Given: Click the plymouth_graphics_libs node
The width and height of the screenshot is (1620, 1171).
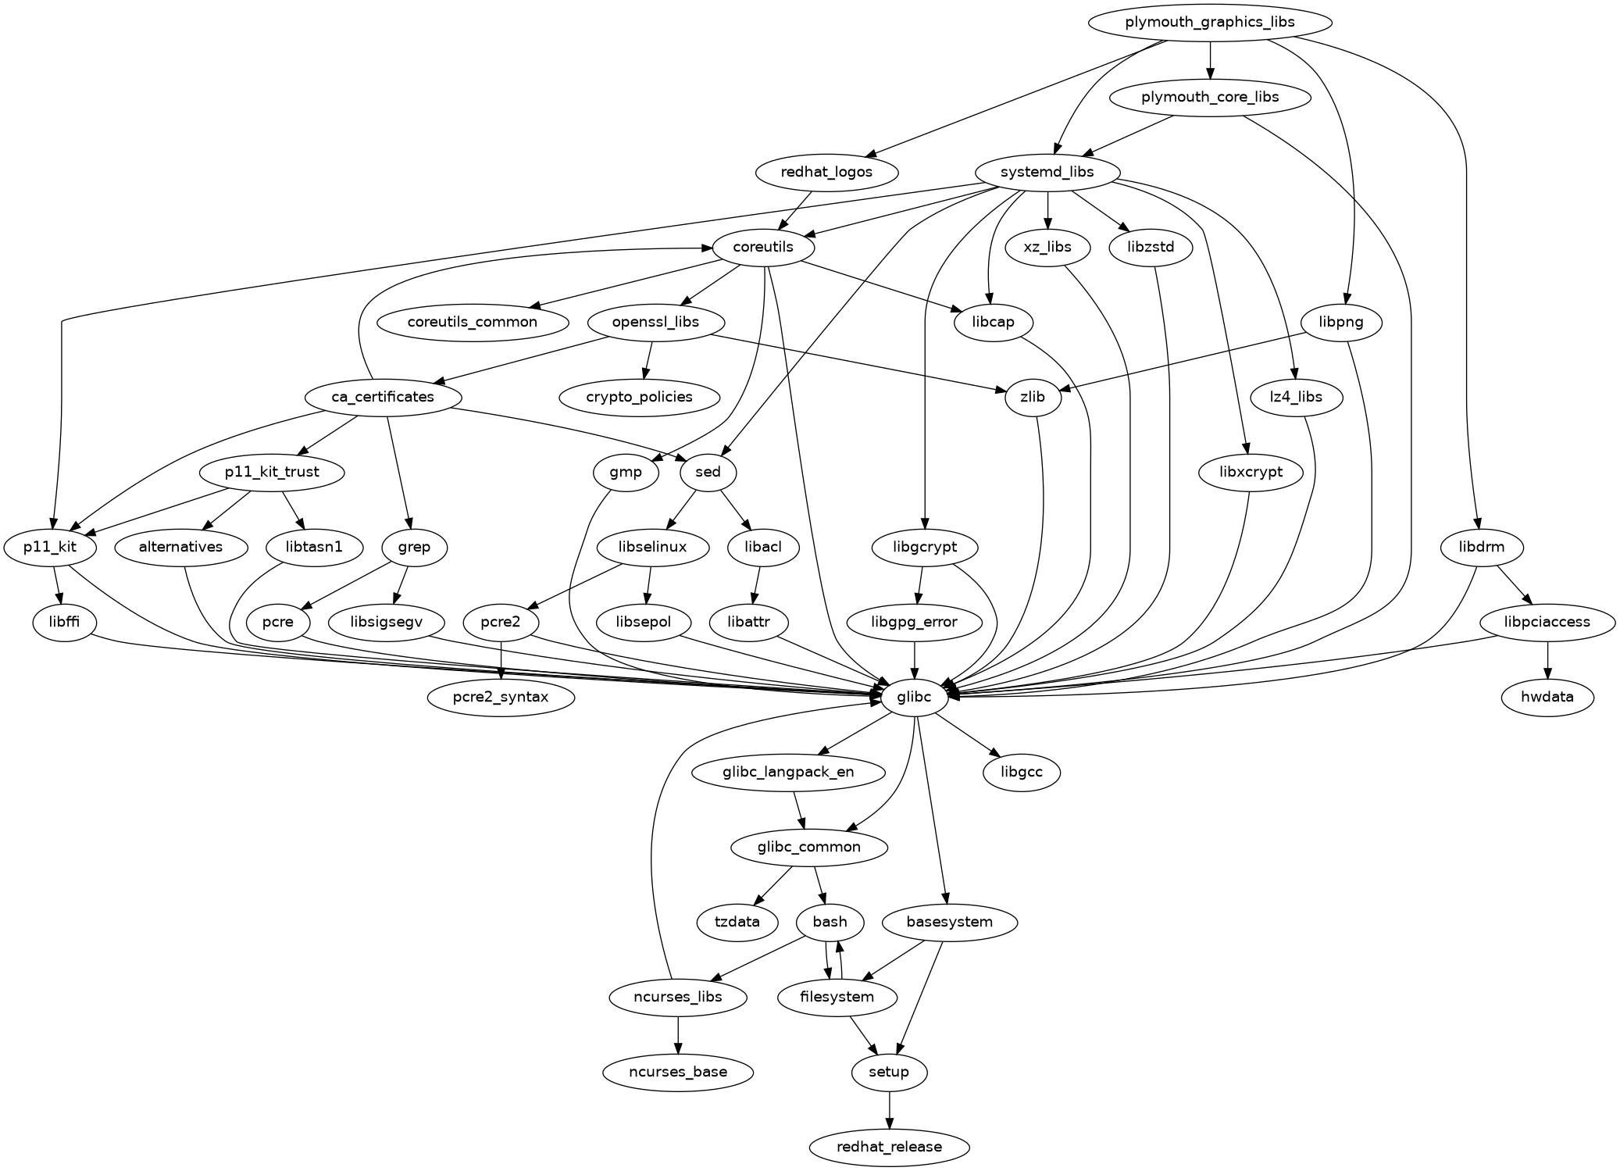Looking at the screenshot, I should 1209,22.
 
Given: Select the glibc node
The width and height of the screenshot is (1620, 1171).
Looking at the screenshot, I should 914,697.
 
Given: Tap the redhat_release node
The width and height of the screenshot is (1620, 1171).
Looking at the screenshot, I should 889,1147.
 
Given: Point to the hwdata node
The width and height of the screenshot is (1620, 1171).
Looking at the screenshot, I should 1547,697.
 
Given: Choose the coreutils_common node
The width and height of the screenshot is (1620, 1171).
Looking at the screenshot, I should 473,322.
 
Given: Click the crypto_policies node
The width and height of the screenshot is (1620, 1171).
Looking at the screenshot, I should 639,397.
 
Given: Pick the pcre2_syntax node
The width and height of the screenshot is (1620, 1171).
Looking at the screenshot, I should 501,697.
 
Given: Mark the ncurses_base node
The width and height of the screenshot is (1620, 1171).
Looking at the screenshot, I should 678,1072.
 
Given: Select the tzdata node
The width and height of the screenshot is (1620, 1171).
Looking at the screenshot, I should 737,922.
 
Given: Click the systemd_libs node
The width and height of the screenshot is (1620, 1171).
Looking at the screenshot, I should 1047,172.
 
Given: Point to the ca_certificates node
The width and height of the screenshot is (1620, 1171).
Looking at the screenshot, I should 383,397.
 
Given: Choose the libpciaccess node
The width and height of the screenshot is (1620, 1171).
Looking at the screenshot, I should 1547,622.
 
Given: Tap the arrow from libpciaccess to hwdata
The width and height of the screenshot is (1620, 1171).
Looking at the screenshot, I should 1547,659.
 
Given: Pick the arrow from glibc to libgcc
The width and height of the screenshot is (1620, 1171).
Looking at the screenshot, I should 969,735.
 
